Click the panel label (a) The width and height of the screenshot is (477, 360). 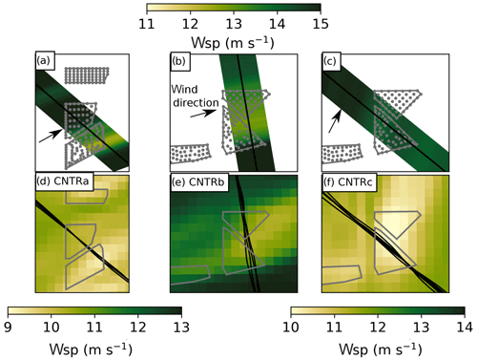(x=43, y=61)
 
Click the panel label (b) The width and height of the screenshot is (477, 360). (x=178, y=61)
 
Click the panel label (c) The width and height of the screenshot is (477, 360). (x=329, y=61)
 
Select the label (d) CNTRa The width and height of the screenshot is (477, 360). (x=63, y=181)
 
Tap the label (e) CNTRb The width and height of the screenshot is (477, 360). (x=198, y=181)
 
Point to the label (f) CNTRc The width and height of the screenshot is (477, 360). (x=348, y=181)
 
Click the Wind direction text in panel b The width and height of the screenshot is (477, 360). (x=195, y=95)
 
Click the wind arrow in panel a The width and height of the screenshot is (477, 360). (x=51, y=136)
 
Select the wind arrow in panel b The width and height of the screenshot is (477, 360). (x=203, y=114)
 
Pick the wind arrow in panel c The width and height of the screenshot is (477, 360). (x=335, y=121)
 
